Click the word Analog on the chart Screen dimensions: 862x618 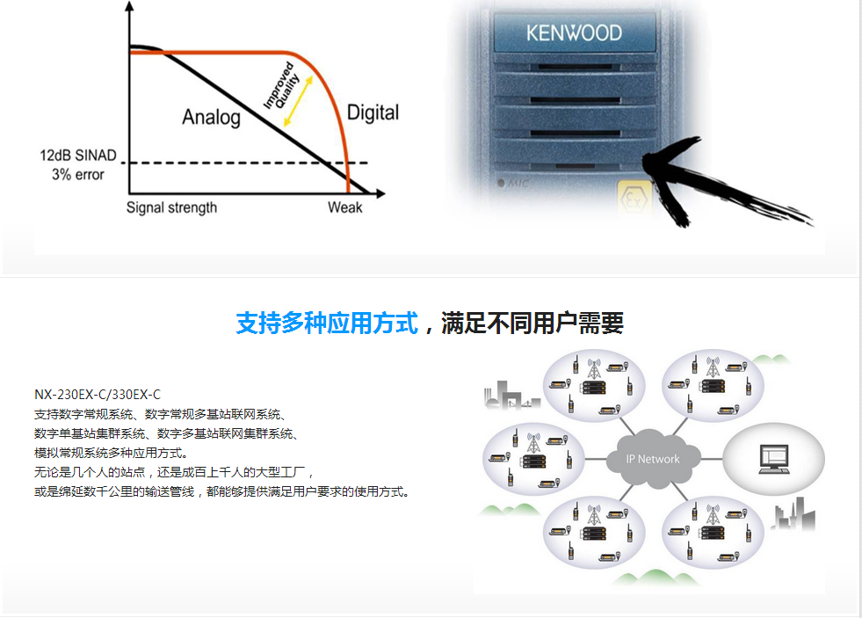(211, 117)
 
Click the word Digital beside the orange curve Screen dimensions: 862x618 (373, 113)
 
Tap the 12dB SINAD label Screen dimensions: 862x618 (78, 156)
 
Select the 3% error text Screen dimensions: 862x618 (78, 175)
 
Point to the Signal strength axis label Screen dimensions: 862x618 (171, 207)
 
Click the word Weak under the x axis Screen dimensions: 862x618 (344, 207)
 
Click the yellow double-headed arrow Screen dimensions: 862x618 (298, 101)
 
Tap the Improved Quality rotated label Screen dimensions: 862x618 (281, 86)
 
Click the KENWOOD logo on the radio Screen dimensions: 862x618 (574, 33)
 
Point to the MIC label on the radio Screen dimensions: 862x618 (513, 184)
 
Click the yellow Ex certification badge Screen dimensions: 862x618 (634, 199)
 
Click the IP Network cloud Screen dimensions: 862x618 (653, 459)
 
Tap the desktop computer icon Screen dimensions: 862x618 (774, 460)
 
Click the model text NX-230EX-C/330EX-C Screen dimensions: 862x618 (98, 395)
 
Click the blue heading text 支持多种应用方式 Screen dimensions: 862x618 (327, 323)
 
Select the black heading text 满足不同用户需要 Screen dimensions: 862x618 (532, 323)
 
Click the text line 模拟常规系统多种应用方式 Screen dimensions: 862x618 (111, 453)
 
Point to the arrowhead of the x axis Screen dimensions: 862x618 (380, 193)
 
